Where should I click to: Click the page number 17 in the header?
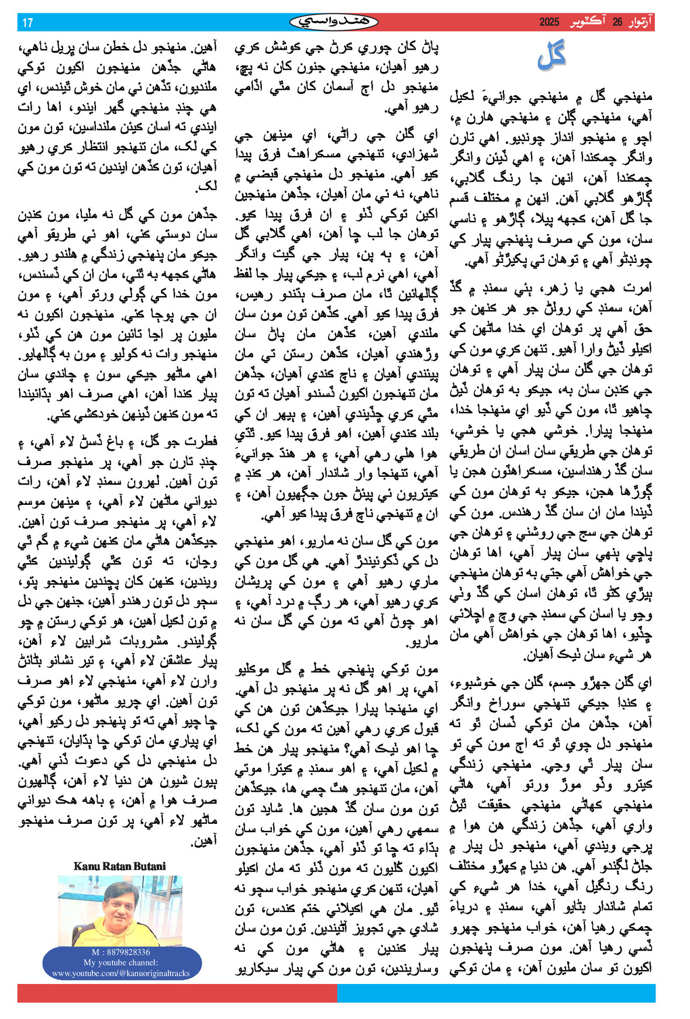27,23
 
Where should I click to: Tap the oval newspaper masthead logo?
334,22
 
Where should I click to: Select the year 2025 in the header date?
549,23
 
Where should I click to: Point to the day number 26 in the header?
617,23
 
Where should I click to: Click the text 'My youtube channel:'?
120,962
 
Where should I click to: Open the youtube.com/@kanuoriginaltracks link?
120,973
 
